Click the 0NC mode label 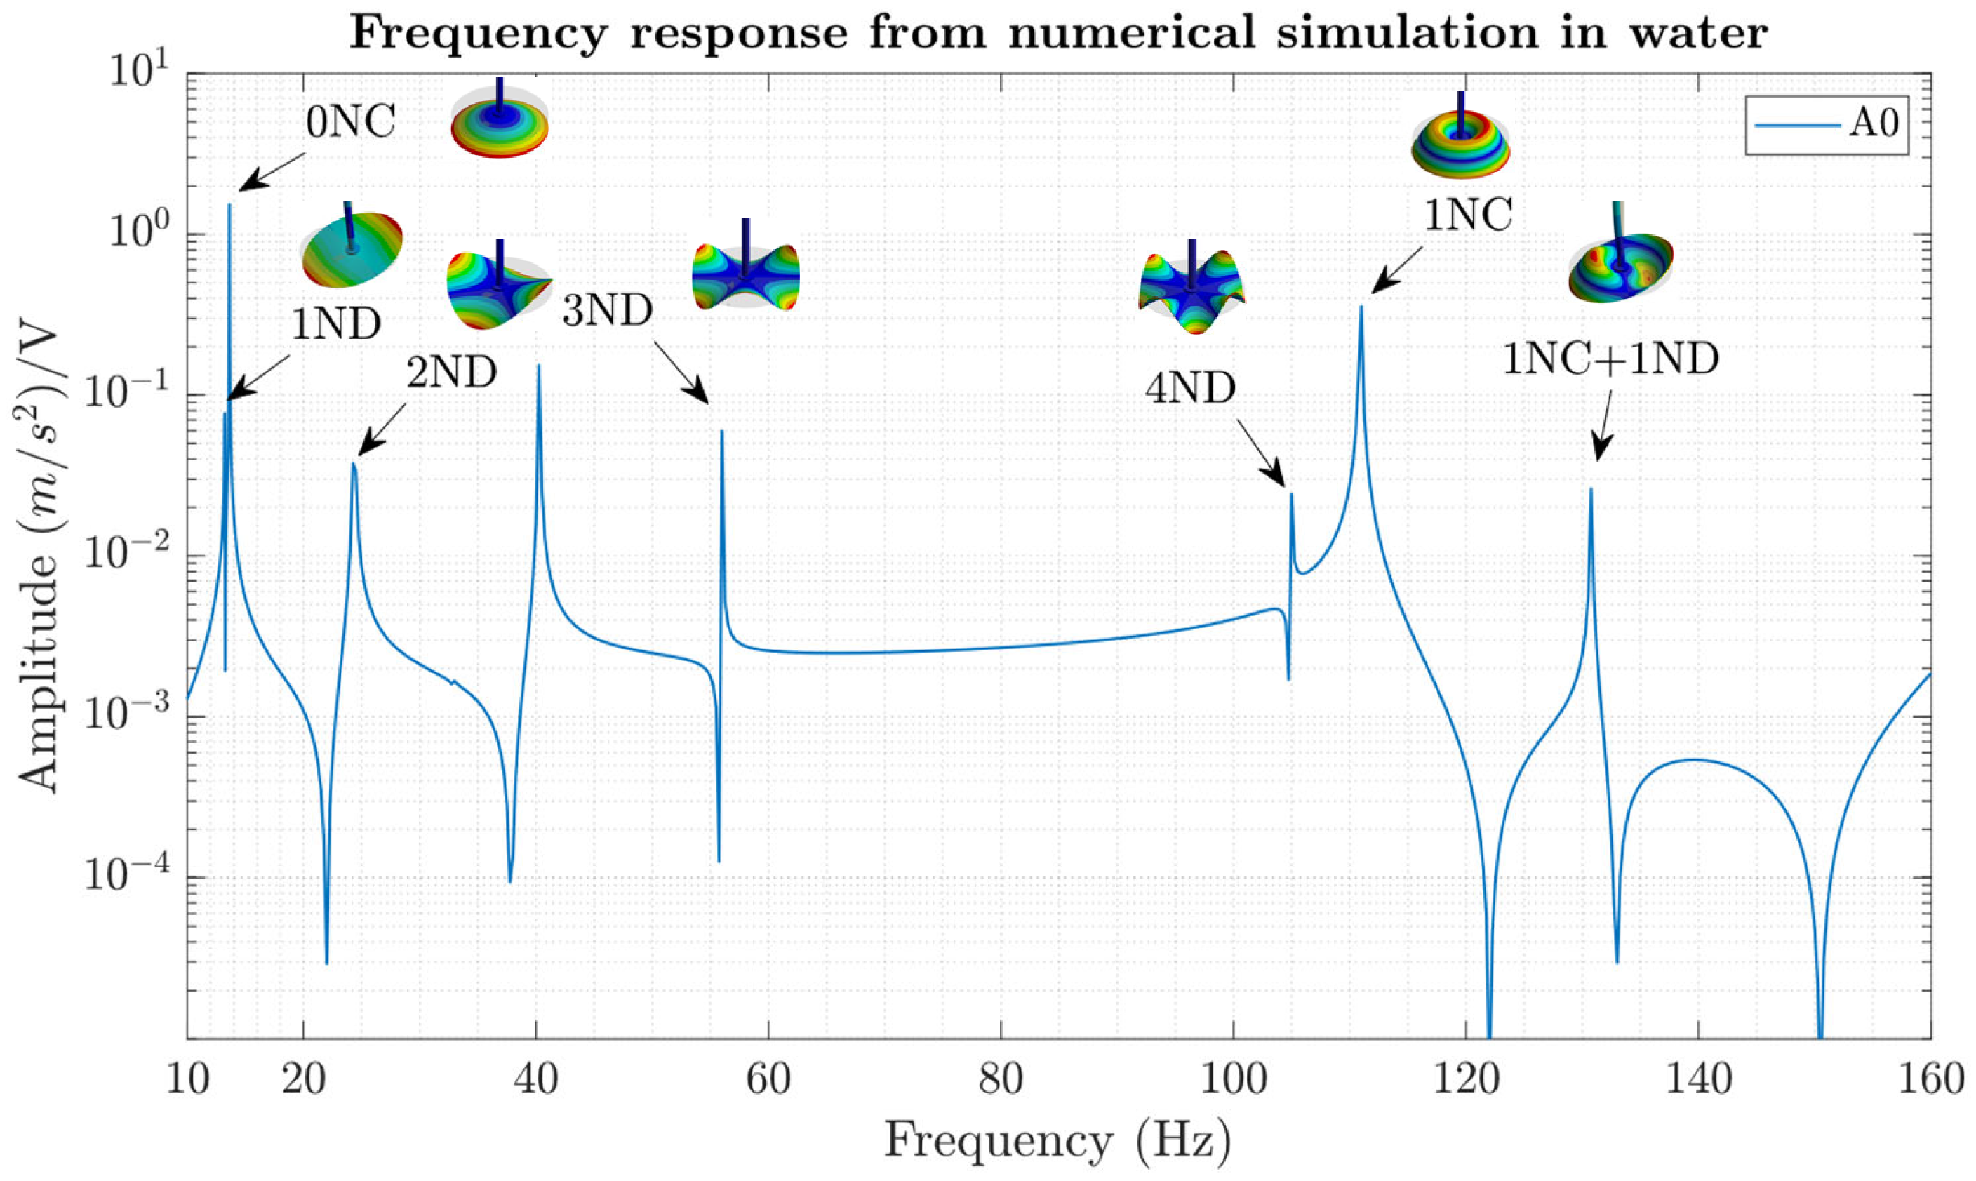[x=351, y=124]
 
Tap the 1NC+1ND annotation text [x=1610, y=360]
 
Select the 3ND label [x=607, y=310]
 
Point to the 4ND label [x=1191, y=389]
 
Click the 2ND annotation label [x=452, y=373]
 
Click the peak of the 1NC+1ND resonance [x=1591, y=489]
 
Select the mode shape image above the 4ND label [x=1191, y=289]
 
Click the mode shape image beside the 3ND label [x=746, y=267]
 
